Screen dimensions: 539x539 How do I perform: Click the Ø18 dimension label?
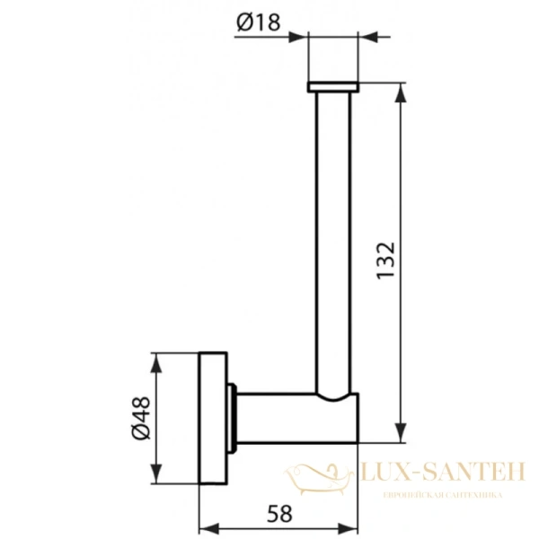pos(259,25)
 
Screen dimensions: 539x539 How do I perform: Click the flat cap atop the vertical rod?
pos(333,87)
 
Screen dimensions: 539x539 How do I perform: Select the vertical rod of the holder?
pos(333,234)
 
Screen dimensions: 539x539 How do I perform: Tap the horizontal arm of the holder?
pos(296,420)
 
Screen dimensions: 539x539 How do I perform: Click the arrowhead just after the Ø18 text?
pos(301,37)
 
